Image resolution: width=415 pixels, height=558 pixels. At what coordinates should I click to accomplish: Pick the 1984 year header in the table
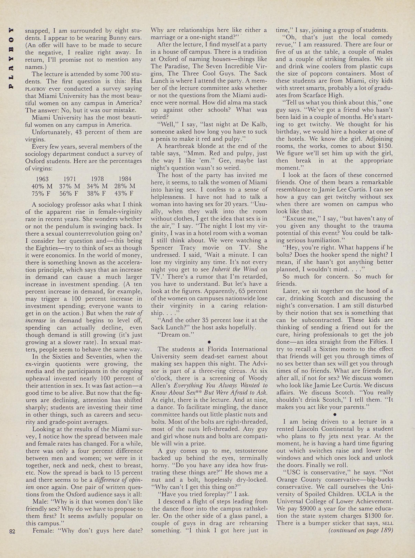[x=125, y=179]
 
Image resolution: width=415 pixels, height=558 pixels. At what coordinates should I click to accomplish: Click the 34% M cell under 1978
[x=97, y=186]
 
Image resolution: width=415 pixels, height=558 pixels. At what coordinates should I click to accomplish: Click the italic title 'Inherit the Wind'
[x=235, y=269]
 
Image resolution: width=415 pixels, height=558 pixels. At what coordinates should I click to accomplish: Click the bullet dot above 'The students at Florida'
[x=209, y=342]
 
